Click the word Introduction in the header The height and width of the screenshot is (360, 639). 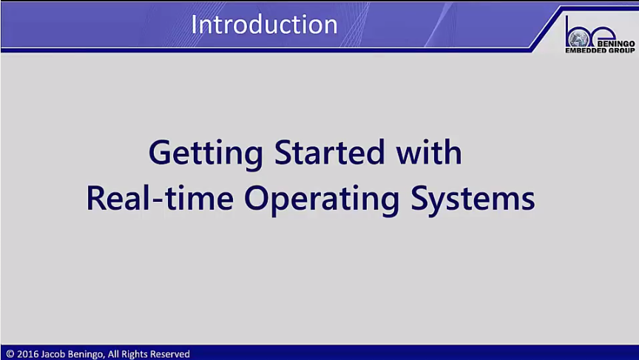[x=264, y=24]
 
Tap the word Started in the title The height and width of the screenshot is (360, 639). [x=329, y=152]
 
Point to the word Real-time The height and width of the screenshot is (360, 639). [x=160, y=197]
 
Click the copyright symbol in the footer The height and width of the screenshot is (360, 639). [x=10, y=354]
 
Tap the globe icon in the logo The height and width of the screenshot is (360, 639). [x=578, y=39]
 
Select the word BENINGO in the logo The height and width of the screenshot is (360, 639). [x=616, y=44]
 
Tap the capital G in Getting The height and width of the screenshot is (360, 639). [x=159, y=152]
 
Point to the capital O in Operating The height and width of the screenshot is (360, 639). [x=257, y=198]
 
